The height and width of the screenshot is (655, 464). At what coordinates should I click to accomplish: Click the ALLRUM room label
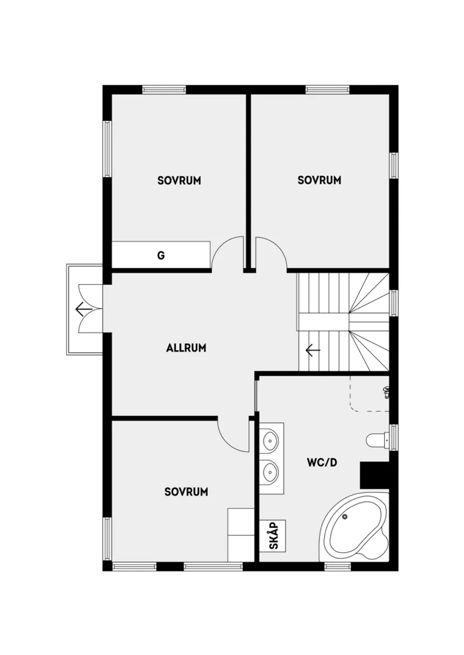(x=186, y=348)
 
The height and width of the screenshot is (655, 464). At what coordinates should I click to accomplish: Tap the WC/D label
(x=322, y=463)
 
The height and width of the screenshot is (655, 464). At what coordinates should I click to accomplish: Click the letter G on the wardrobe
(x=161, y=256)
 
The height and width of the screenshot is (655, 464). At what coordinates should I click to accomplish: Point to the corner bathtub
(x=354, y=529)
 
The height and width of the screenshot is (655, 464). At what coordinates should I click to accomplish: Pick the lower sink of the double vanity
(x=270, y=472)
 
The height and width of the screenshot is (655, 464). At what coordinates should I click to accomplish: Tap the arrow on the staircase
(x=313, y=351)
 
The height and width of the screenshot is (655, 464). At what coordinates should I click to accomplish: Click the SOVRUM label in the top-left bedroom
(x=179, y=180)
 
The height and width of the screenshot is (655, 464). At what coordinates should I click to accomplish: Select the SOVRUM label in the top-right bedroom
(x=319, y=180)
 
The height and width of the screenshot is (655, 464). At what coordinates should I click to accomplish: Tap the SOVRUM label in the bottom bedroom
(x=186, y=492)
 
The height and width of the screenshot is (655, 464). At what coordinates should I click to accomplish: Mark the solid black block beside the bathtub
(x=375, y=475)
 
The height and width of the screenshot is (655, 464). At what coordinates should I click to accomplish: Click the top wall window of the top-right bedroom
(x=327, y=89)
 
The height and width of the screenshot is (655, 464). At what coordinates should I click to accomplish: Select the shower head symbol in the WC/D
(x=386, y=392)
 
